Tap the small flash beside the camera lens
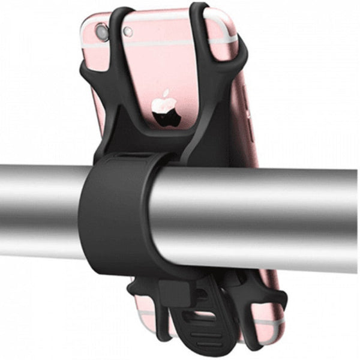127,32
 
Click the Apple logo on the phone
166,108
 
